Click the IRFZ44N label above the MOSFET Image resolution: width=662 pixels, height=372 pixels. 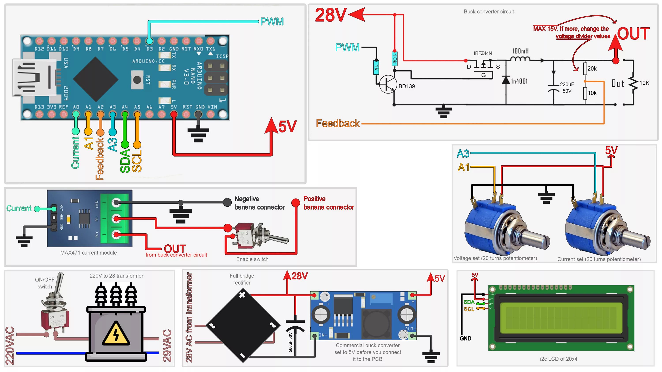point(483,53)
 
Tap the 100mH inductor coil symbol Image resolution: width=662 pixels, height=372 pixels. point(520,59)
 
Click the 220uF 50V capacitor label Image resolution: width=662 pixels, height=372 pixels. point(567,87)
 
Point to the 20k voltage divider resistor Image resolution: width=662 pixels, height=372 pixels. point(585,69)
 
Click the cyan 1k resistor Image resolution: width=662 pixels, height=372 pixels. point(376,67)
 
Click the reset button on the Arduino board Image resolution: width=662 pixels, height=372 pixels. point(137,80)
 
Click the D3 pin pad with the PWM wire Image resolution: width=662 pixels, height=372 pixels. point(149,41)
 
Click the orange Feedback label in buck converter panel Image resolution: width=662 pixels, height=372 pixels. point(337,123)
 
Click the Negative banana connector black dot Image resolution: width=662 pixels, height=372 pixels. point(227,202)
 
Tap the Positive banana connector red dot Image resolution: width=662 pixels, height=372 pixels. point(295,203)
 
